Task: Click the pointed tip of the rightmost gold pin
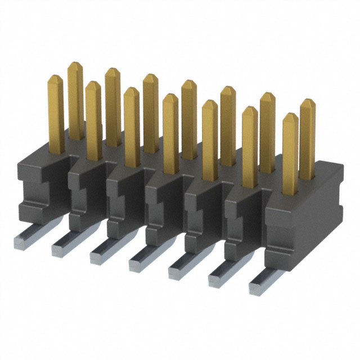pos(307,103)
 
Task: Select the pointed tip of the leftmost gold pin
pos(56,79)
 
